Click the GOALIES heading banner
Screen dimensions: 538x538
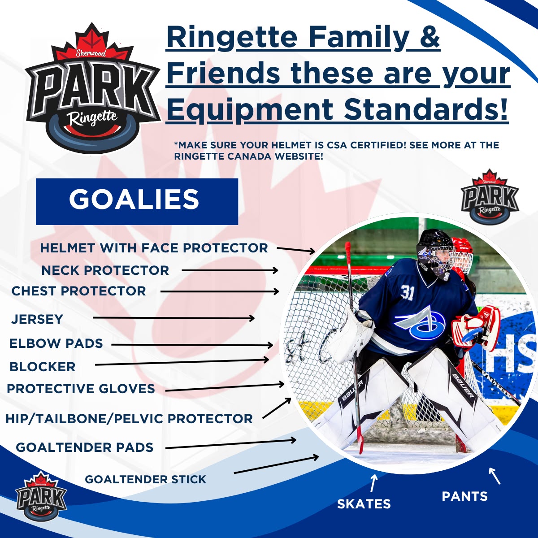point(137,202)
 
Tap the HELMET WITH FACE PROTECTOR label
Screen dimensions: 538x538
point(154,248)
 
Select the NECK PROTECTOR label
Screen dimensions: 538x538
point(105,270)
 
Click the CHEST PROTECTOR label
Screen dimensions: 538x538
point(79,291)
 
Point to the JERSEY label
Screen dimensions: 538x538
point(37,319)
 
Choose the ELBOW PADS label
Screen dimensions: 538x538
point(56,343)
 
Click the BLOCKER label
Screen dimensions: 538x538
point(43,367)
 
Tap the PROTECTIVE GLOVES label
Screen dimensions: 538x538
point(81,389)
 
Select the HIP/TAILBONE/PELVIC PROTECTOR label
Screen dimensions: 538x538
point(129,418)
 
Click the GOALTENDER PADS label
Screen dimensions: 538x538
point(85,447)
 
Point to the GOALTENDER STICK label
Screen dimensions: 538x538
point(145,479)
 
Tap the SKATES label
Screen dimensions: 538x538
point(364,504)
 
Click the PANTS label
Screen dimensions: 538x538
point(465,496)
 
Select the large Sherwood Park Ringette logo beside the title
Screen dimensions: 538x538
point(92,88)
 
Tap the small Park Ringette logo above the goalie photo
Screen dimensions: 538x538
point(490,196)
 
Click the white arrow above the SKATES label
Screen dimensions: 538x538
point(373,483)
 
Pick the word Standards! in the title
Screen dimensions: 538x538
point(425,108)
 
